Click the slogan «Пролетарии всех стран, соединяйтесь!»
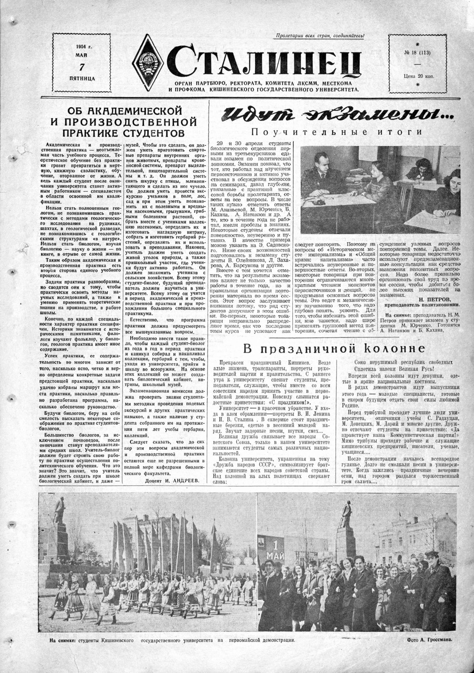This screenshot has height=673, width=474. (320, 36)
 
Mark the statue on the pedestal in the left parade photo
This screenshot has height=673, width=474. (59, 515)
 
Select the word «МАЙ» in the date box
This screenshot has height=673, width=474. (81, 55)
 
